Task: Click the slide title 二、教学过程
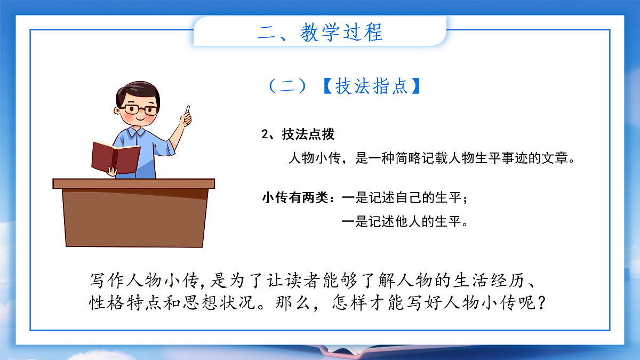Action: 320,32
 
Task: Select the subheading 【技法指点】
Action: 372,86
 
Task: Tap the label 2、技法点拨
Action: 298,134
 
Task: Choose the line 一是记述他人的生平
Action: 404,221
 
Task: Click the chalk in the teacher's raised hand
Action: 187,109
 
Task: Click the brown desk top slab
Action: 133,183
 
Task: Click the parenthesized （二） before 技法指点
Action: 287,86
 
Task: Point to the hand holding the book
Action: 112,171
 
